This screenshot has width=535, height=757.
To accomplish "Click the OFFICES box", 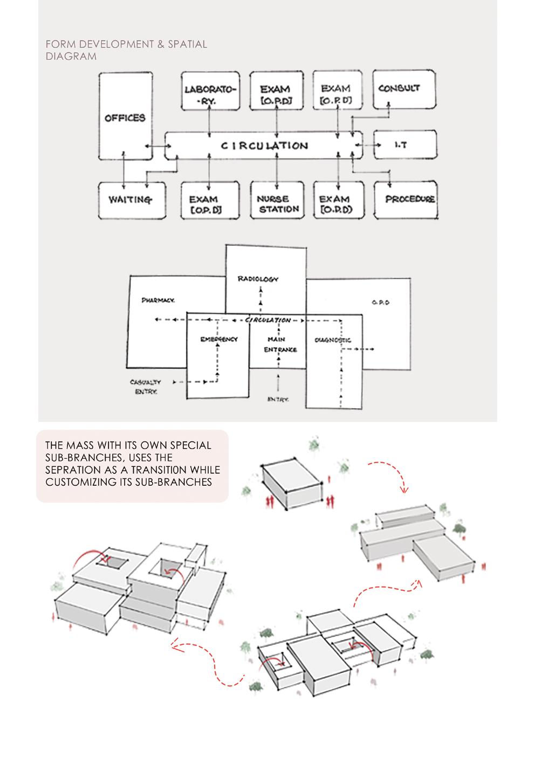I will pos(125,117).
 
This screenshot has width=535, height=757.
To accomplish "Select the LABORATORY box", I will pos(209,90).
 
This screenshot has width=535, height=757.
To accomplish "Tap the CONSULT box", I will pos(404,89).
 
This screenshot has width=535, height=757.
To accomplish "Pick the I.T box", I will pos(404,144).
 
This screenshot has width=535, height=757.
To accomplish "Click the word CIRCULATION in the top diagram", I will pos(264,145).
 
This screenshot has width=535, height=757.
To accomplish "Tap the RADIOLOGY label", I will pos(258,279).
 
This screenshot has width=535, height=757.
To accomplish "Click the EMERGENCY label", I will pos(218,339).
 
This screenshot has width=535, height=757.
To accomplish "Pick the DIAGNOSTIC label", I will pos(332,340).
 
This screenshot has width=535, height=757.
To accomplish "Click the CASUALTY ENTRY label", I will pos(146,387).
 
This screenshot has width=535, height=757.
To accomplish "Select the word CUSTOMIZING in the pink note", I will pos(78,482).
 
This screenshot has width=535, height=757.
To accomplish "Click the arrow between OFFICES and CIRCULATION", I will pos(154,145).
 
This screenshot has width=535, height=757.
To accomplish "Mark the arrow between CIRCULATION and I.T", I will pos(368,145).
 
